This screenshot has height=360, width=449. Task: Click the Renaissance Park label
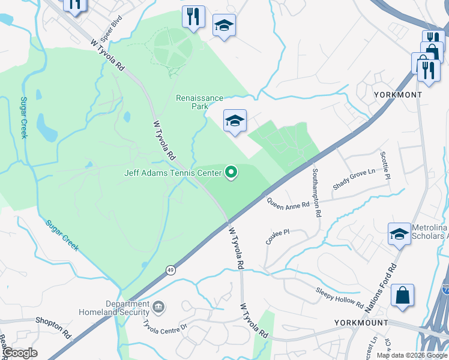tap(199, 102)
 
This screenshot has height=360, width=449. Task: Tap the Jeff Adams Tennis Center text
tap(173, 173)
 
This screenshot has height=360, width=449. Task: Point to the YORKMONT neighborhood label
tap(397, 95)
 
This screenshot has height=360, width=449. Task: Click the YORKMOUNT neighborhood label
tap(361, 323)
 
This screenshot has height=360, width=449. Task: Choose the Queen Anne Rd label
tap(288, 204)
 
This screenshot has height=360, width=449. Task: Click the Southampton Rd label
tap(316, 193)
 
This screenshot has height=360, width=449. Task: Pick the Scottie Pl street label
tap(385, 164)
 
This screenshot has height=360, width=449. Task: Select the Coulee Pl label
tap(278, 236)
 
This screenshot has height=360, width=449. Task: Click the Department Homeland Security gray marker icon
tap(159, 307)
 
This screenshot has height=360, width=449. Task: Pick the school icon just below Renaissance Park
tap(235, 121)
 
